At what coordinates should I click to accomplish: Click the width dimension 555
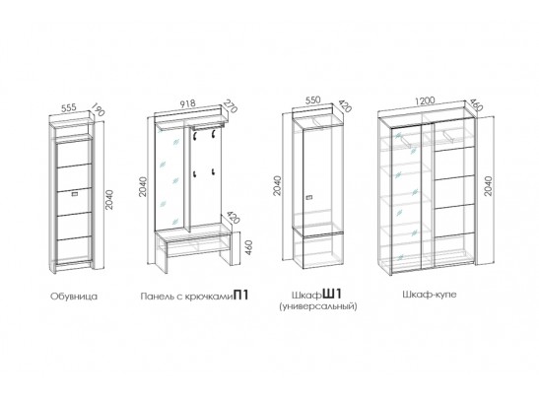pos(69,108)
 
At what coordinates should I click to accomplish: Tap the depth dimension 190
pos(98,109)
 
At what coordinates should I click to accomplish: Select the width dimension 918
pos(187,103)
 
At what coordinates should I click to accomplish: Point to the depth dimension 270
pos(231,105)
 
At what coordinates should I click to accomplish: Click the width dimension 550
pos(312,100)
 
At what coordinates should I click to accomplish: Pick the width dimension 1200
pos(425,101)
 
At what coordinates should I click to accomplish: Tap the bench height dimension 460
pos(249,247)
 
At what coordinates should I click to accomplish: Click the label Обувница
pos(74,297)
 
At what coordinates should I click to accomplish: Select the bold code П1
pos(240,296)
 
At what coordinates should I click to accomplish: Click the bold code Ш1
pos(333,295)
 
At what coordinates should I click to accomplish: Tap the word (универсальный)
pos(318,306)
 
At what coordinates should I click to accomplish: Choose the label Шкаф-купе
pos(429,295)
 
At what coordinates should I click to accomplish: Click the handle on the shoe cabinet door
pos(75,195)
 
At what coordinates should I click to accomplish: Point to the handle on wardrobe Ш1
pos(309,197)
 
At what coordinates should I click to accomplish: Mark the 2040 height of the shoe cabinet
pos(109,200)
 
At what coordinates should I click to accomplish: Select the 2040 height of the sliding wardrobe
pos(488,186)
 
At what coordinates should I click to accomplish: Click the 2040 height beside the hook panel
pos(143,186)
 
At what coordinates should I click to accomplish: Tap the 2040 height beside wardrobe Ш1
pos(277,185)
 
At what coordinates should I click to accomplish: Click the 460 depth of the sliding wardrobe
pos(476,105)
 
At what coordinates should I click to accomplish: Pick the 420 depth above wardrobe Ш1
pos(345,106)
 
